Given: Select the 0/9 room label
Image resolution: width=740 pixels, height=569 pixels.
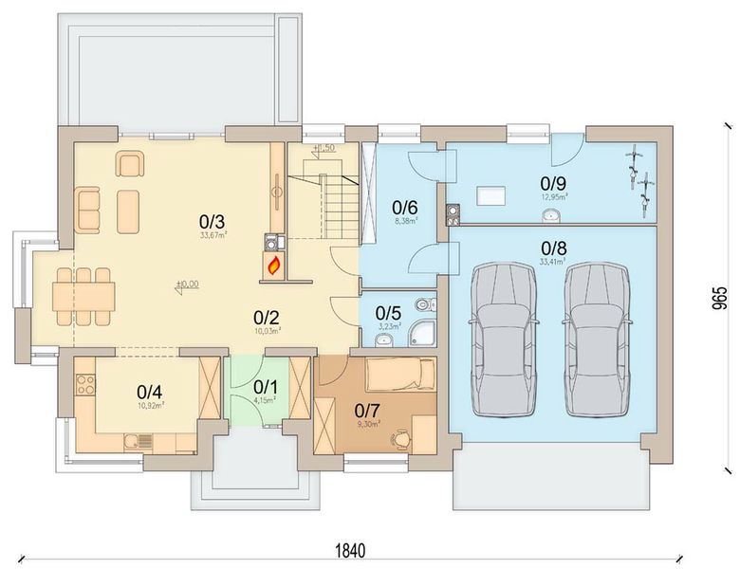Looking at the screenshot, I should click(553, 182).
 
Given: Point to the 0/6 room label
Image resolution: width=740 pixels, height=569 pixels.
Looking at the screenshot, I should click(405, 208).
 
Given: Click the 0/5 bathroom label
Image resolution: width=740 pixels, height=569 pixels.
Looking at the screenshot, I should click(387, 313).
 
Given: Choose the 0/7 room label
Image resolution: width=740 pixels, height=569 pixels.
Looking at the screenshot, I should click(367, 410).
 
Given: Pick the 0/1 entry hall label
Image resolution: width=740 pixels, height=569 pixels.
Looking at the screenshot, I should click(266, 387).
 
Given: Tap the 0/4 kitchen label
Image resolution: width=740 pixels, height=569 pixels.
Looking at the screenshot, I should click(150, 391).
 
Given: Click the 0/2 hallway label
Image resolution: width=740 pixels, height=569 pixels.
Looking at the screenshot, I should click(266, 317).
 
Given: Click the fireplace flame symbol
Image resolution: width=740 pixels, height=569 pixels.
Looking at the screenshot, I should click(273, 266).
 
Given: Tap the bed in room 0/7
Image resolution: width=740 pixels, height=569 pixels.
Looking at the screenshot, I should click(399, 376).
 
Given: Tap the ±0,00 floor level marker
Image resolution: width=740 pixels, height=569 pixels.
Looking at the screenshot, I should click(189, 284).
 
